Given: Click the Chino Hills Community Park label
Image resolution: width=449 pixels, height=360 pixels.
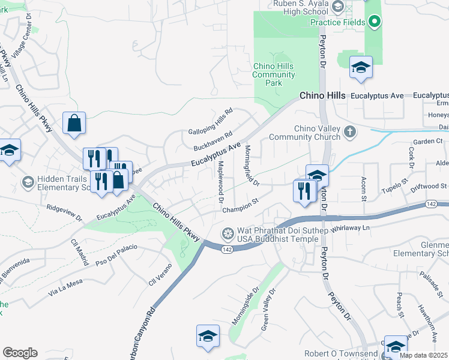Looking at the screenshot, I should click(274, 74).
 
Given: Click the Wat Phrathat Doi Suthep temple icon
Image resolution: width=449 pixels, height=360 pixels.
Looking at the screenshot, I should click(228, 233).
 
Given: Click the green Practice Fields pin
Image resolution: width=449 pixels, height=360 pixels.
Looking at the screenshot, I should click(375, 23).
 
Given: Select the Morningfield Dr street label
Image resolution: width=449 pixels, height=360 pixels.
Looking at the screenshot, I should click(252, 164).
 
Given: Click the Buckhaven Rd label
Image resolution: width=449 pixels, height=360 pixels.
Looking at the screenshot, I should click(212, 142).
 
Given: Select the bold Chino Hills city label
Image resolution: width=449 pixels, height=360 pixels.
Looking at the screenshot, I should click(322, 96).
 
